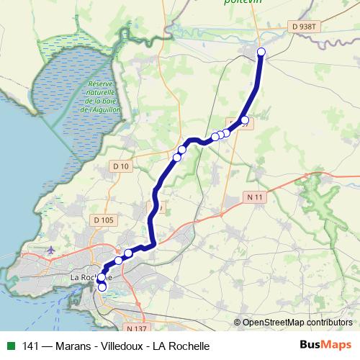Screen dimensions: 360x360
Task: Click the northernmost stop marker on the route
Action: click(x=261, y=51)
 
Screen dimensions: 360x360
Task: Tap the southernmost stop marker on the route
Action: click(x=102, y=287)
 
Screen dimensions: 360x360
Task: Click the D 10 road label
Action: click(x=121, y=166)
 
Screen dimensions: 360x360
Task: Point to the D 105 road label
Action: click(x=103, y=220)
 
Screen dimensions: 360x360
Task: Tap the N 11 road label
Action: click(x=253, y=196)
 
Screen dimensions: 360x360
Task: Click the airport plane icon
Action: click(x=50, y=250)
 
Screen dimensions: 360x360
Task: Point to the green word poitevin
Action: click(x=243, y=3)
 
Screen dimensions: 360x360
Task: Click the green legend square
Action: click(x=10, y=345)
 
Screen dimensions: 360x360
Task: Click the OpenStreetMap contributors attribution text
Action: click(x=297, y=323)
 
